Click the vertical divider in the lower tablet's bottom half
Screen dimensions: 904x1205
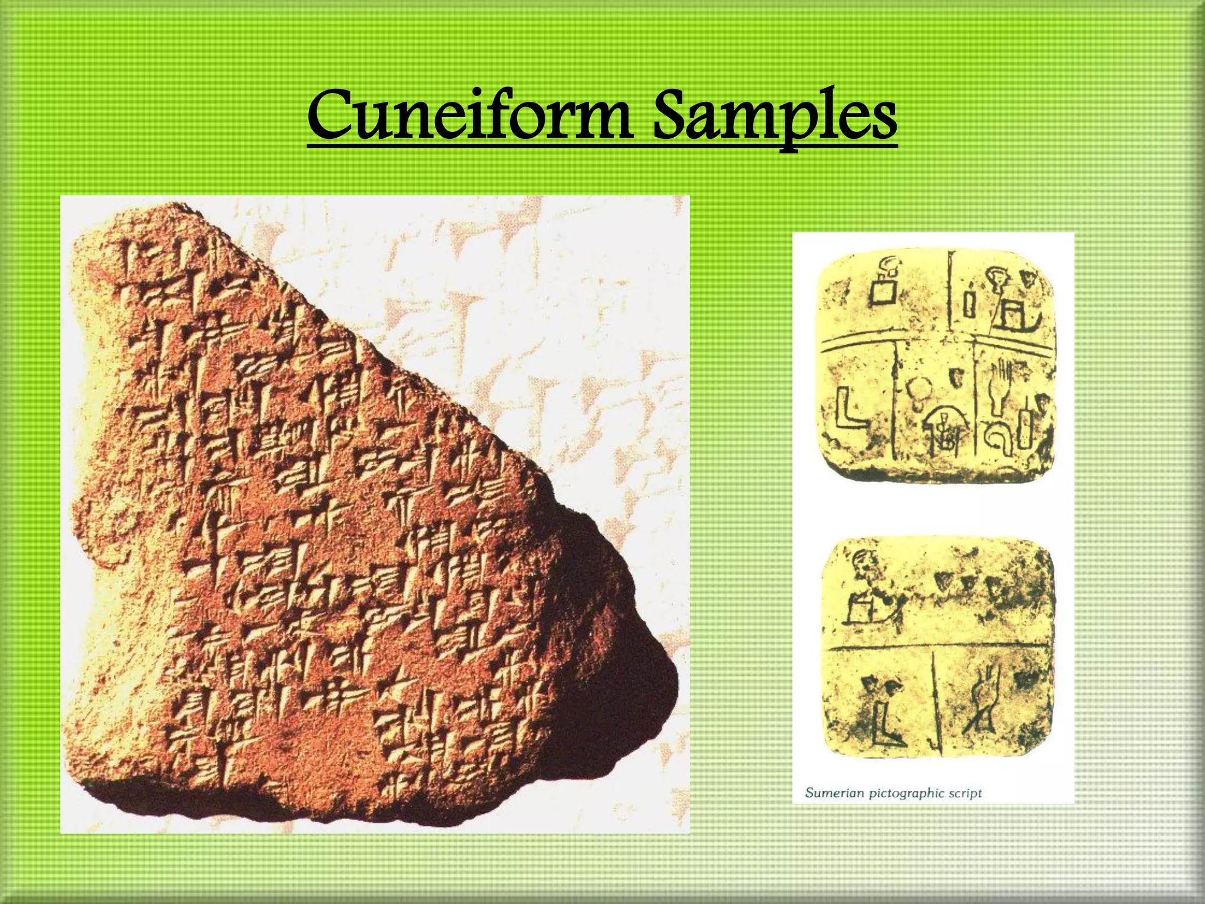[935, 700]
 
